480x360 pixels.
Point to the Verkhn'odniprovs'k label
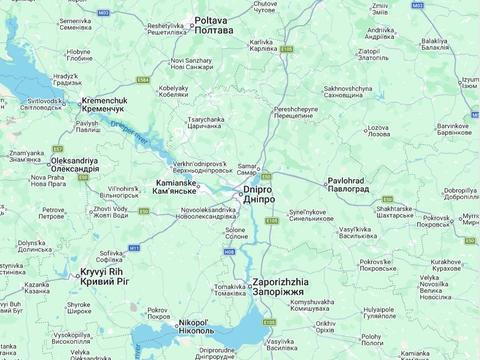pos(203,165)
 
